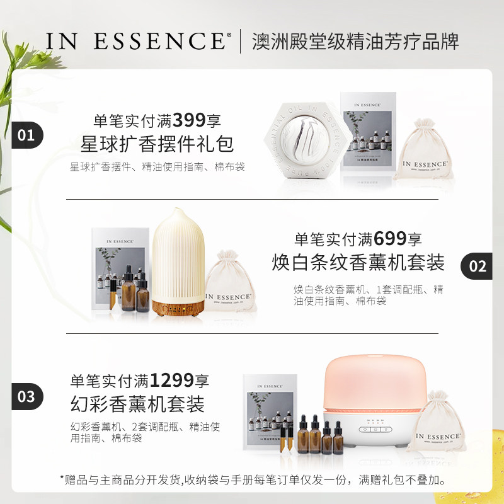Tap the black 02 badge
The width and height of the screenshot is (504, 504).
click(x=477, y=265)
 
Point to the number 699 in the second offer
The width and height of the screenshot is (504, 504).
click(x=391, y=239)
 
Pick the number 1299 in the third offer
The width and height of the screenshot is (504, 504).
click(x=171, y=381)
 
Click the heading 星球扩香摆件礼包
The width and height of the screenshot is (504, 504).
click(x=157, y=144)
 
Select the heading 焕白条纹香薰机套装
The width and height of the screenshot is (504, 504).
click(x=358, y=262)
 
